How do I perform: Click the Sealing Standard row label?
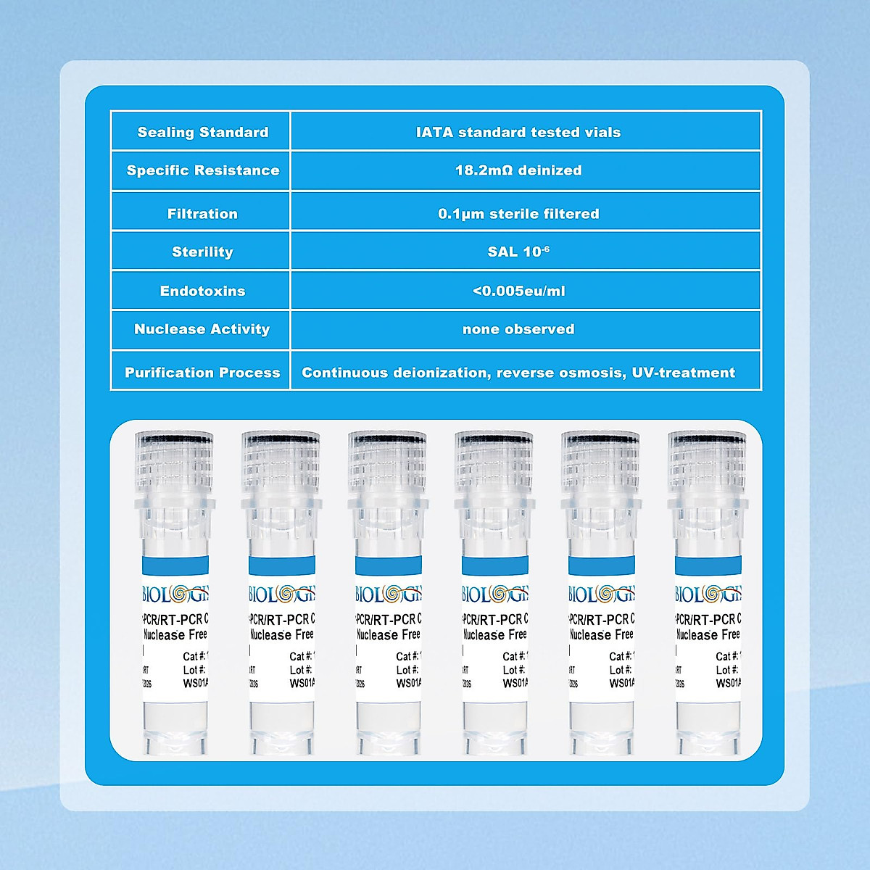(202, 132)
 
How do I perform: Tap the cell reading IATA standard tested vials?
(518, 132)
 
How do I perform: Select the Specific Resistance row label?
(202, 170)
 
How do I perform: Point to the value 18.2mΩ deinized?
(518, 170)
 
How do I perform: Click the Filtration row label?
(202, 214)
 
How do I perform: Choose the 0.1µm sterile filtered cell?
(518, 214)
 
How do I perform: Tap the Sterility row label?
(202, 252)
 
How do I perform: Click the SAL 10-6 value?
(518, 252)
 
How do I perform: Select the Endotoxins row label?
(202, 291)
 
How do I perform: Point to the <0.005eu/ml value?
(518, 291)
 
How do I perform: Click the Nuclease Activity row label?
(202, 329)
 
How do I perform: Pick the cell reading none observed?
(518, 329)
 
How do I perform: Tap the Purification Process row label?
(202, 373)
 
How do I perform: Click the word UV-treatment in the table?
(684, 373)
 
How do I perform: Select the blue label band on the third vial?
(388, 566)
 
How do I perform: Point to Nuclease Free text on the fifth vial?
(601, 634)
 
